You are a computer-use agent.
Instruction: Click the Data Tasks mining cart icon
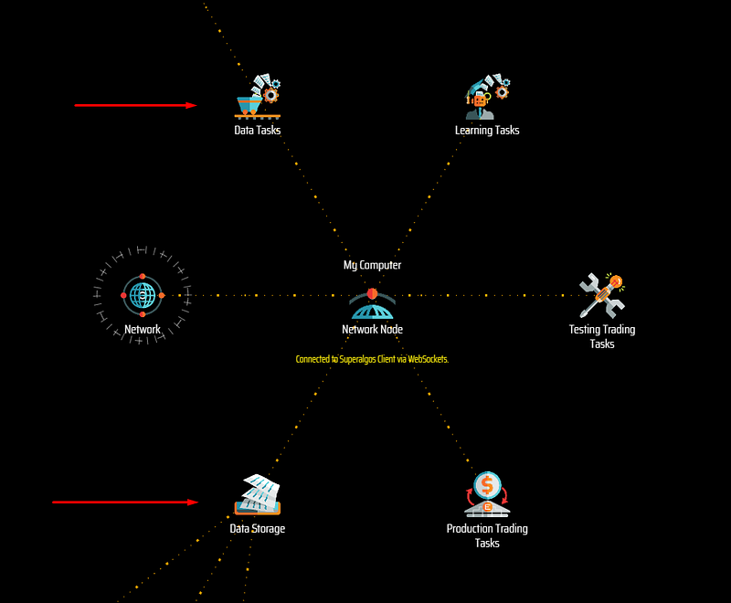pyautogui.click(x=258, y=97)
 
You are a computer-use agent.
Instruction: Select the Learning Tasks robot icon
pyautogui.click(x=487, y=97)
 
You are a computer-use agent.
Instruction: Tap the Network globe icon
pyautogui.click(x=143, y=295)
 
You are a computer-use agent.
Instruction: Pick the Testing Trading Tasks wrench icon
pyautogui.click(x=602, y=296)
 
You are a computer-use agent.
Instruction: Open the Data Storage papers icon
pyautogui.click(x=258, y=494)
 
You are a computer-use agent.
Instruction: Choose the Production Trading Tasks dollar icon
pyautogui.click(x=487, y=494)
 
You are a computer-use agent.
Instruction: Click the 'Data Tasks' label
pyautogui.click(x=258, y=130)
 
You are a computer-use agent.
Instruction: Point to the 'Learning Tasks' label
pyautogui.click(x=487, y=130)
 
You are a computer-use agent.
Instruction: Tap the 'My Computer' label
pyautogui.click(x=372, y=265)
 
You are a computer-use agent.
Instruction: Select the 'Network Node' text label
pyautogui.click(x=372, y=330)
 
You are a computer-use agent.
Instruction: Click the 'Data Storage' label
pyautogui.click(x=258, y=528)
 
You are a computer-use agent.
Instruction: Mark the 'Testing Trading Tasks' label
pyautogui.click(x=602, y=336)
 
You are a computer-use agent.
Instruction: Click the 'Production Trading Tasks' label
pyautogui.click(x=487, y=535)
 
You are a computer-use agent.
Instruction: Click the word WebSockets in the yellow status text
pyautogui.click(x=428, y=359)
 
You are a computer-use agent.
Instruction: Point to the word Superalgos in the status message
pyautogui.click(x=357, y=360)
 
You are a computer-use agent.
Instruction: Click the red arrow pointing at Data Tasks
pyautogui.click(x=135, y=105)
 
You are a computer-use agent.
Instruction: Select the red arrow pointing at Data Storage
pyautogui.click(x=125, y=502)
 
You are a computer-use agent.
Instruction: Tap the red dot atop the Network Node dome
pyautogui.click(x=372, y=293)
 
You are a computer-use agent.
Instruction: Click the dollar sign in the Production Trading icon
pyautogui.click(x=487, y=485)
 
